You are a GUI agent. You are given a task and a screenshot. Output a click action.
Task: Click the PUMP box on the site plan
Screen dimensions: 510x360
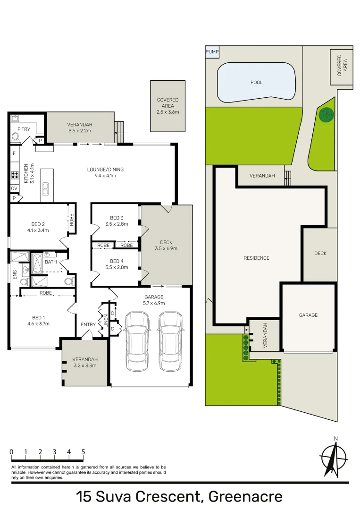tap(212, 52)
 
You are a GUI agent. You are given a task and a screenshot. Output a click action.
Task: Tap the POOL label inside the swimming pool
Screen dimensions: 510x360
tap(257, 83)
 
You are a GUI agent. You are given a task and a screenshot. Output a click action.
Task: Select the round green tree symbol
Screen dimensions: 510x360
tap(326, 114)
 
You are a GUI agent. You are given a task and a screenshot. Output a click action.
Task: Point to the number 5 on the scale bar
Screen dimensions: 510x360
tap(84, 452)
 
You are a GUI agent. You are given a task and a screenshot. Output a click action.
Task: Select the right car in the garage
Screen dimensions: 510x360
tap(170, 341)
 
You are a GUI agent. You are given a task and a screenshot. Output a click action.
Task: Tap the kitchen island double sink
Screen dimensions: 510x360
tap(46, 189)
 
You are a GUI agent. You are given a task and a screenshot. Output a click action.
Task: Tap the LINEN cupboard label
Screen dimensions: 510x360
tap(106, 321)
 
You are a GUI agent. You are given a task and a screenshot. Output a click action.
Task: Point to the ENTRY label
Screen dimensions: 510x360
tap(88, 325)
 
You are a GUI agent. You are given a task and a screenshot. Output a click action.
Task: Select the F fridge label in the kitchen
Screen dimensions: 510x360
tap(14, 153)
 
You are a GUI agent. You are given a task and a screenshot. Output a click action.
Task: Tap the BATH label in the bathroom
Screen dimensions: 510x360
tap(50, 262)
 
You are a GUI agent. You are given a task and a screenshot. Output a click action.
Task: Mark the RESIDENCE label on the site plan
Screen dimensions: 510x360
tap(256, 258)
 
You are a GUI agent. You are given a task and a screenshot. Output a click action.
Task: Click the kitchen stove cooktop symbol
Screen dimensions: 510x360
tap(14, 176)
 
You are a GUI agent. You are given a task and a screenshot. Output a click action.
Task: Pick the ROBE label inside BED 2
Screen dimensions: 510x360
tap(72, 220)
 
